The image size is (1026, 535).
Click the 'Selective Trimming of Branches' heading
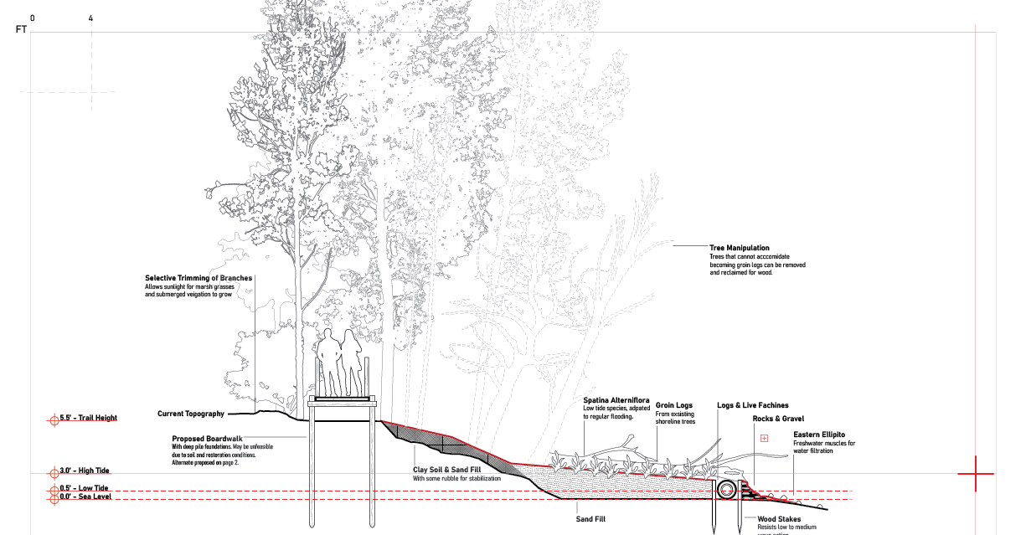pyautogui.click(x=198, y=278)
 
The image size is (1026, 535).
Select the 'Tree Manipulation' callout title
pyautogui.click(x=739, y=248)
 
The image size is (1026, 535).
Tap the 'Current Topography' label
pyautogui.click(x=191, y=414)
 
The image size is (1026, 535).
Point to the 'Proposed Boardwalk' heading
pyautogui.click(x=207, y=439)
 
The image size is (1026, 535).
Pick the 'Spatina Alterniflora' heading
pyautogui.click(x=616, y=400)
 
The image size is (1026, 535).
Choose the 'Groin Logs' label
pyautogui.click(x=673, y=405)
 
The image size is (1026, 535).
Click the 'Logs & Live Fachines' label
pyautogui.click(x=752, y=405)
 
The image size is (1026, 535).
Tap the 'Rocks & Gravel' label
pyautogui.click(x=778, y=419)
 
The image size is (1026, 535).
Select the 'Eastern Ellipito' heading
pyautogui.click(x=819, y=435)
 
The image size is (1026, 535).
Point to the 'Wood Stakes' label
pyautogui.click(x=779, y=519)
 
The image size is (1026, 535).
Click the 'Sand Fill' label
pyautogui.click(x=590, y=519)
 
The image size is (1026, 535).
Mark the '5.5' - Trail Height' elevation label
pyautogui.click(x=88, y=418)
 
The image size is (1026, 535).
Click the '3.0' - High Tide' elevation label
pyautogui.click(x=85, y=471)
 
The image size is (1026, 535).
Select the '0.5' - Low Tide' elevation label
pyautogui.click(x=84, y=488)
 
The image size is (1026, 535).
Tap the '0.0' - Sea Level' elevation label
pyautogui.click(x=85, y=497)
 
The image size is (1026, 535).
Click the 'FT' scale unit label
pyautogui.click(x=22, y=28)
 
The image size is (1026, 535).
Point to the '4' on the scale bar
pyautogui.click(x=90, y=18)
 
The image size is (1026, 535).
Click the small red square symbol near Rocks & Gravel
pyautogui.click(x=764, y=438)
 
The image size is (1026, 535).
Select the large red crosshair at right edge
pyautogui.click(x=976, y=474)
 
